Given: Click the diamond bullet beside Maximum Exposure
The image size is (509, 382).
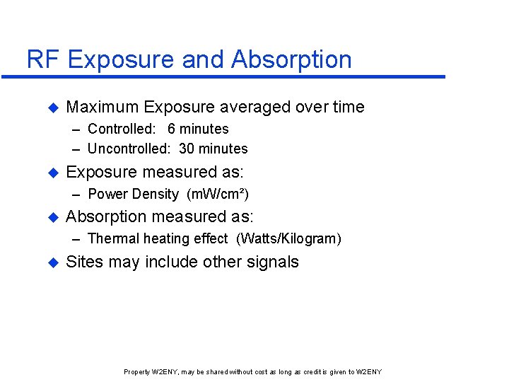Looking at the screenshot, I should (x=51, y=108).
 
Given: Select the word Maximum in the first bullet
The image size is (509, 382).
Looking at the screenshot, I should (x=102, y=108).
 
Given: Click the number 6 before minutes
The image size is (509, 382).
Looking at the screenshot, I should (x=172, y=129).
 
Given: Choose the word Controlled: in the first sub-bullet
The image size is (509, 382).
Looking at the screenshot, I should (x=123, y=129).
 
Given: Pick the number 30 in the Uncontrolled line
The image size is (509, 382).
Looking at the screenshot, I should (x=187, y=149).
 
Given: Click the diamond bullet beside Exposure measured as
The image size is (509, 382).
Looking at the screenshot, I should (x=51, y=173).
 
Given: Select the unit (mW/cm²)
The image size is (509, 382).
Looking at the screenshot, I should (x=218, y=194).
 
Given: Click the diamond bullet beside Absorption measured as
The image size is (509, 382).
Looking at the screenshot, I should (x=51, y=217).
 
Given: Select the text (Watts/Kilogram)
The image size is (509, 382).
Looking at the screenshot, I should (x=289, y=238).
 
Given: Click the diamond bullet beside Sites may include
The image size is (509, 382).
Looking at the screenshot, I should (x=51, y=262).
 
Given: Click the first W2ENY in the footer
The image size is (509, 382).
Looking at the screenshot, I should (x=166, y=372).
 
